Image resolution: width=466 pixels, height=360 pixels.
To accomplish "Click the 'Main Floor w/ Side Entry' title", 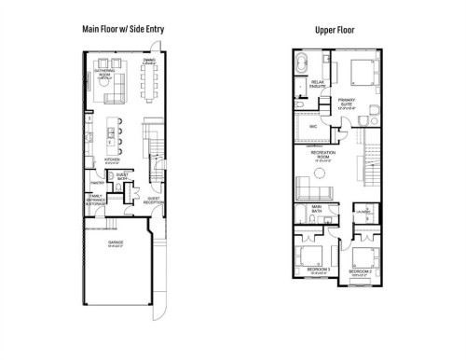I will (123, 30).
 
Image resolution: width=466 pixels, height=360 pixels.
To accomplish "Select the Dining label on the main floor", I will (148, 62).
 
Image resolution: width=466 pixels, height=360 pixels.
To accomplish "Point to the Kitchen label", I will (112, 160).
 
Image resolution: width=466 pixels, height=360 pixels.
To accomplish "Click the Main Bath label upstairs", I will (317, 208).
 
